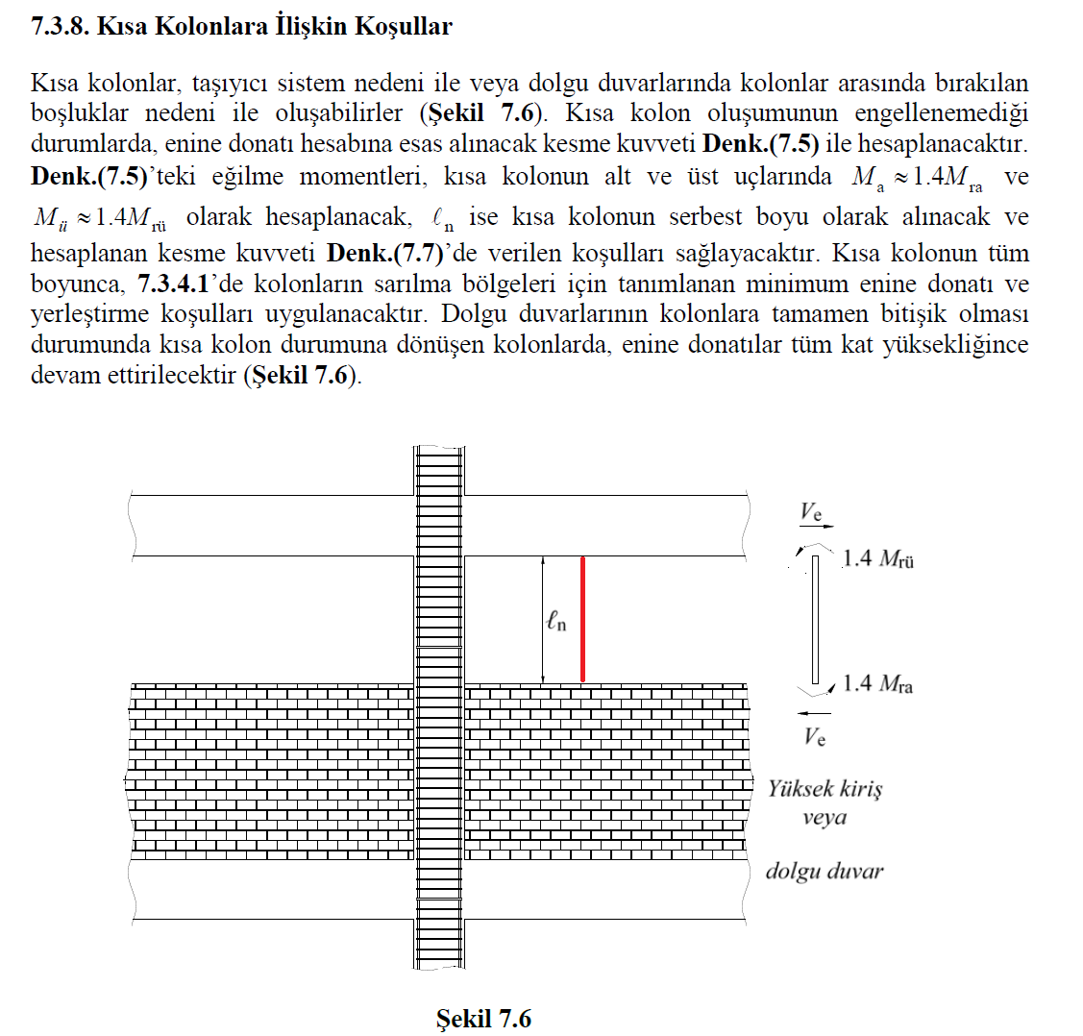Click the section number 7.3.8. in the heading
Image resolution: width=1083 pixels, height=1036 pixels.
tap(61, 27)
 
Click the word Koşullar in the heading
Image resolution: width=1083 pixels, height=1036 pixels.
tap(403, 27)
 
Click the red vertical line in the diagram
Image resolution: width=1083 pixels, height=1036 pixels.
tap(582, 620)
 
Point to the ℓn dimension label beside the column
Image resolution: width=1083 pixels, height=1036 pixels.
tap(556, 622)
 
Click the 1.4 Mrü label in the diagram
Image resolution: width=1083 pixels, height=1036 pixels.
tap(877, 558)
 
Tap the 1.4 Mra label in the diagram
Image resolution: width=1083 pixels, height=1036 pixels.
tap(877, 684)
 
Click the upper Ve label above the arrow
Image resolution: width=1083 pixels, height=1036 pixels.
tap(812, 510)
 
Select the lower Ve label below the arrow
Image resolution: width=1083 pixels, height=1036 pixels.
tap(814, 737)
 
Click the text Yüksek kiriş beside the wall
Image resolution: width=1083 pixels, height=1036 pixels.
tap(825, 789)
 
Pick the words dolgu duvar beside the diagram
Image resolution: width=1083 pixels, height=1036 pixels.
tap(824, 872)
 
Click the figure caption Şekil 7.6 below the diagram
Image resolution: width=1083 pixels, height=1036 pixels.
tap(483, 1019)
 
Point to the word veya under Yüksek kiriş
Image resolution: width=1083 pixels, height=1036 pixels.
tap(825, 818)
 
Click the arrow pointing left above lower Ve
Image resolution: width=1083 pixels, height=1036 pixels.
tap(814, 713)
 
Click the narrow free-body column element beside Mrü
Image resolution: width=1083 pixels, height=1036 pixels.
tap(815, 620)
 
